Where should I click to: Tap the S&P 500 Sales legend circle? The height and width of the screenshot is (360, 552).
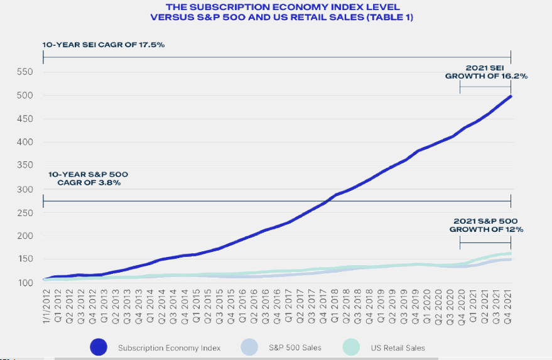coord(249,347)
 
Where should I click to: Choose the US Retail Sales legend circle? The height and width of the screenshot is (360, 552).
coord(352,347)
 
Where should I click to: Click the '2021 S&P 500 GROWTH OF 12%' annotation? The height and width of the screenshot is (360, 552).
coord(486,225)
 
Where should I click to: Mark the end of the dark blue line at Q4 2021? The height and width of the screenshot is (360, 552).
coord(511,96)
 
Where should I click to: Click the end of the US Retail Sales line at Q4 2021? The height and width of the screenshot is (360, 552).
coord(511,253)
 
